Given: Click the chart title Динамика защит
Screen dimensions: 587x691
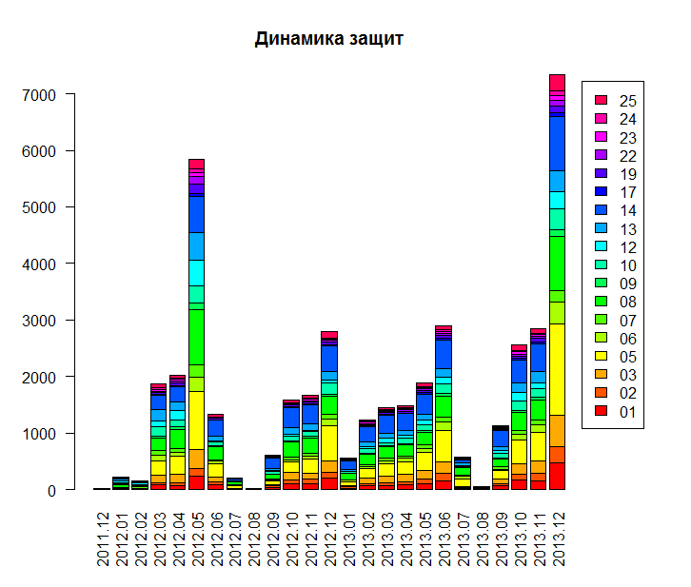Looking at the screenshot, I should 329,39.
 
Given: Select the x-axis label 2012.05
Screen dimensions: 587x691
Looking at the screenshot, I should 197,538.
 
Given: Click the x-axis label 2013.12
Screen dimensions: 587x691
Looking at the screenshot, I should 558,538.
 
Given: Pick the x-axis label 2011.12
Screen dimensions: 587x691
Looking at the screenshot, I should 102,538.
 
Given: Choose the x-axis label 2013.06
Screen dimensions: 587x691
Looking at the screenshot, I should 444,538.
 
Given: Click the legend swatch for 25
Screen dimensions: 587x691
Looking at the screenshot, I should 601,100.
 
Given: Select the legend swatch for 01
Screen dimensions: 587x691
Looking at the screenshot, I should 601,411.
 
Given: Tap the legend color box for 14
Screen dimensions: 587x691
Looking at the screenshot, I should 601,209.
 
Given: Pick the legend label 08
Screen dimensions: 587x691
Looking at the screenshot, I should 627,302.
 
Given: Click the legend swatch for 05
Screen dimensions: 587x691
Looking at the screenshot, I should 601,356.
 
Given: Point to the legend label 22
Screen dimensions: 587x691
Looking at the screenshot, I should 627,155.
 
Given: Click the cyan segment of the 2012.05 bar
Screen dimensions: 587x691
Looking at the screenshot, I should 197,272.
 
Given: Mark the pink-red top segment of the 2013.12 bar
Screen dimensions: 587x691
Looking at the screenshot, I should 558,82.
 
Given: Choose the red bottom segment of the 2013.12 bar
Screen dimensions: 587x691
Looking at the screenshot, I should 558,476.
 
